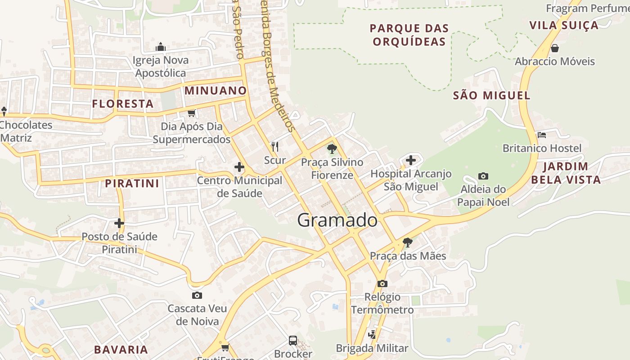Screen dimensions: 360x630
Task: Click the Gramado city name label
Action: pos(337,220)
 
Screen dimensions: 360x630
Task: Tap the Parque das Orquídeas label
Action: pos(409,35)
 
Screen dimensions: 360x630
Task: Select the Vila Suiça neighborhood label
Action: pos(564,25)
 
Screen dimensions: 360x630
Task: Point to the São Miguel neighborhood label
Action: pos(491,95)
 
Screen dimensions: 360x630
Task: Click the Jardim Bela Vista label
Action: pos(566,173)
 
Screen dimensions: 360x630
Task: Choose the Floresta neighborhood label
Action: pos(123,104)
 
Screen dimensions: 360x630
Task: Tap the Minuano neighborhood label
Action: pos(216,90)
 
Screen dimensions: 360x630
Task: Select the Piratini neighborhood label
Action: pos(132,184)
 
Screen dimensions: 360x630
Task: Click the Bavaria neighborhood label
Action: pos(121,350)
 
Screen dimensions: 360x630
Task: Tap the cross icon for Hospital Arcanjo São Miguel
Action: pos(410,160)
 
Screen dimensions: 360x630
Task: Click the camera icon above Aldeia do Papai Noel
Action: pos(483,176)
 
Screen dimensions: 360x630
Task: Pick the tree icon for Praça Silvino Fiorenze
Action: pos(332,148)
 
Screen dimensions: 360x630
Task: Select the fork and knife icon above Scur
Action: pos(275,146)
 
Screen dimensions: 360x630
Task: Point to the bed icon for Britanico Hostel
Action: pos(542,135)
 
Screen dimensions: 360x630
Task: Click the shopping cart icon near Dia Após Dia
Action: pos(192,112)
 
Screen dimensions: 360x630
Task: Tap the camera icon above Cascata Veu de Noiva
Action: pos(197,295)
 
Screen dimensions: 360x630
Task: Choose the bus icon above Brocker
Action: pos(293,340)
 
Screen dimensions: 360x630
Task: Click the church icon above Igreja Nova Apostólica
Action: pos(161,47)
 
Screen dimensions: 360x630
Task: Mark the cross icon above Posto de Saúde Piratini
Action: pos(119,223)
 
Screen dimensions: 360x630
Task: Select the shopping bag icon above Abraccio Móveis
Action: pos(555,48)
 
